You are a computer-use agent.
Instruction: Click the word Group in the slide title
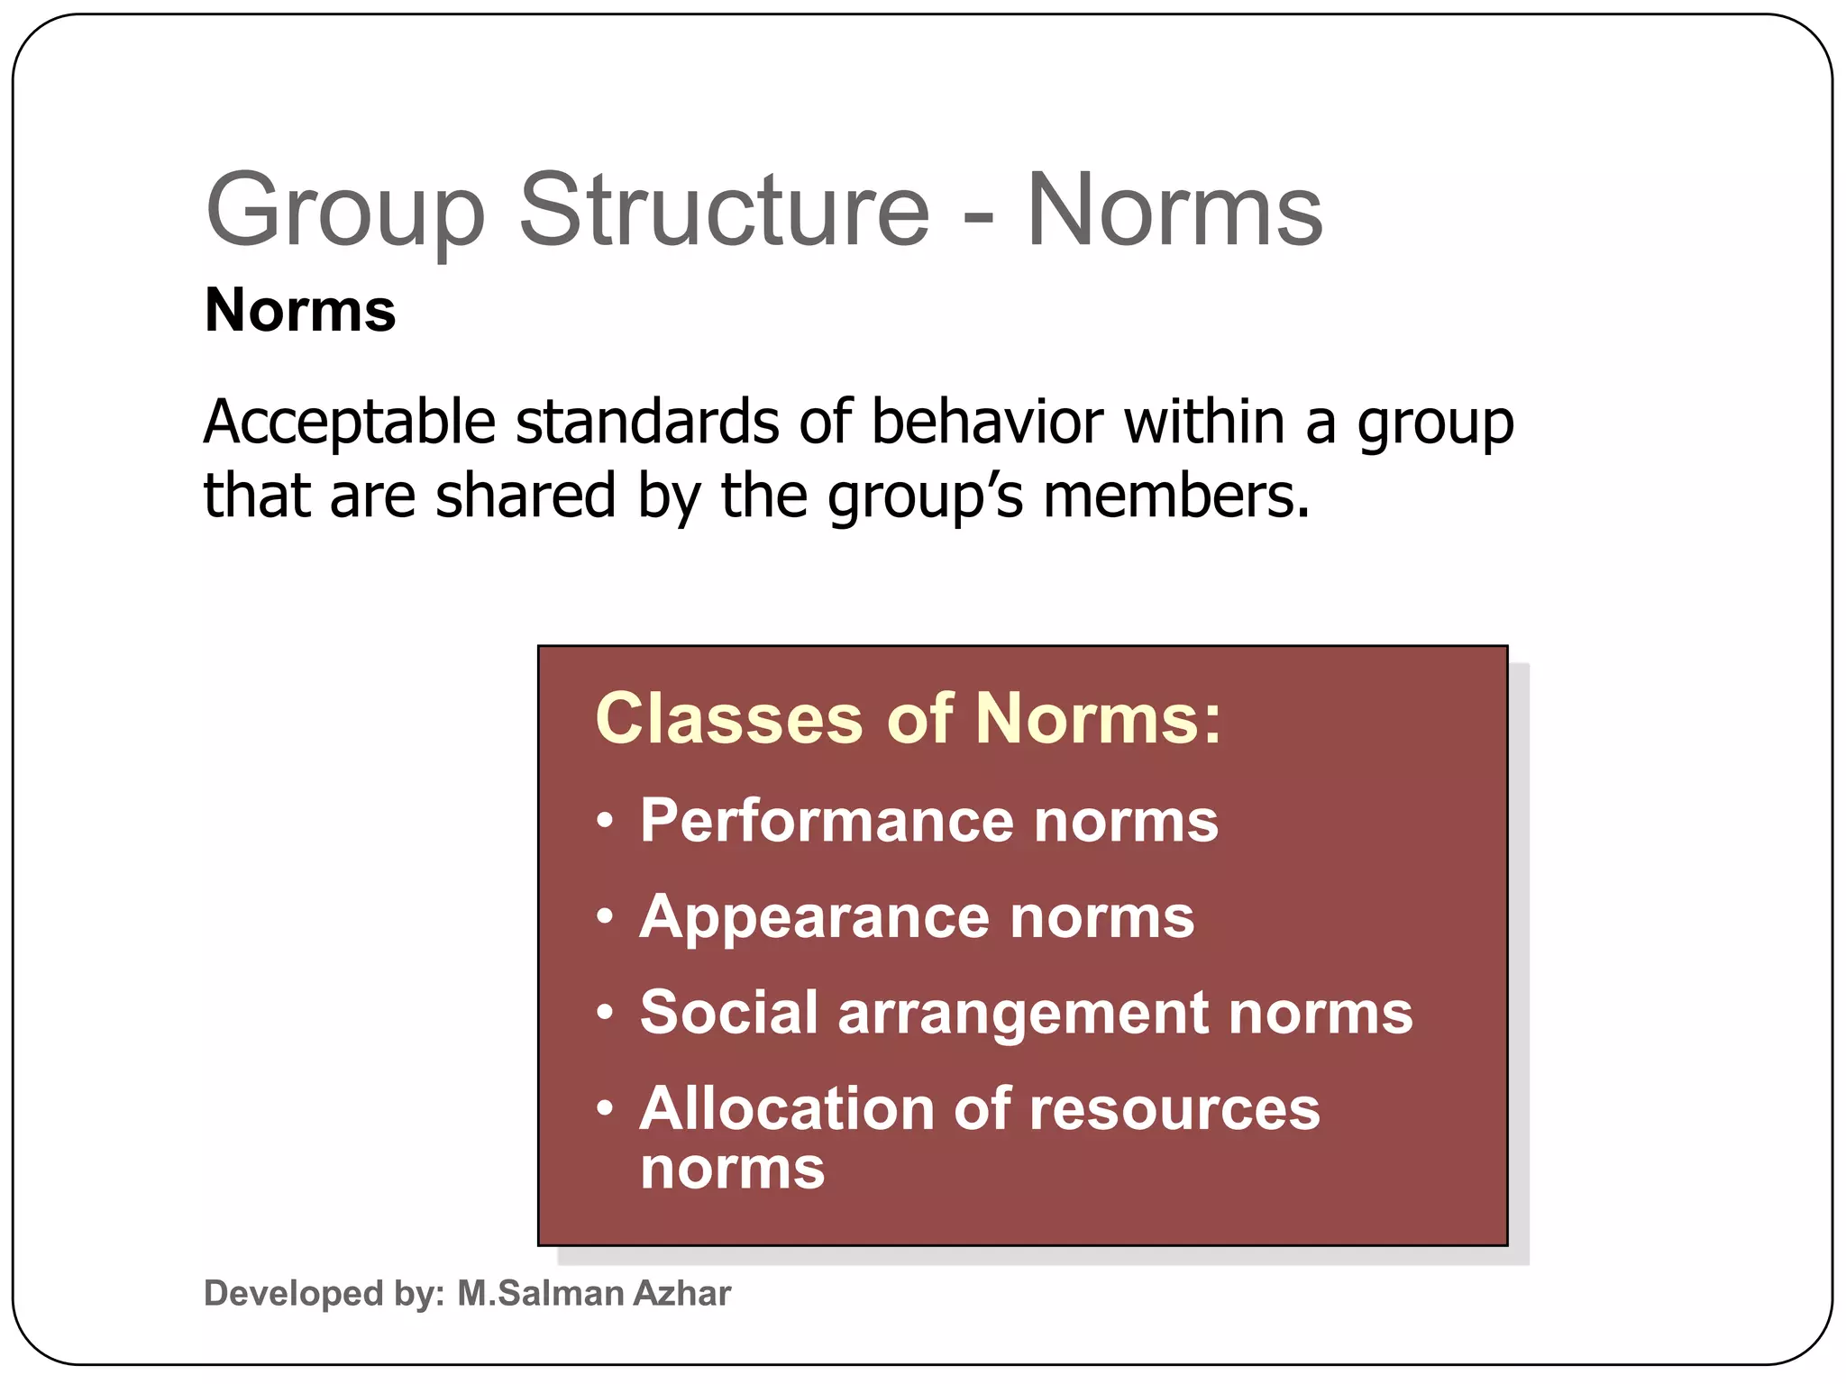pyautogui.click(x=345, y=214)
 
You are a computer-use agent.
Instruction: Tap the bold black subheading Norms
pyautogui.click(x=300, y=310)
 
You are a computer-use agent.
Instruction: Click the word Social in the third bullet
pyautogui.click(x=729, y=1012)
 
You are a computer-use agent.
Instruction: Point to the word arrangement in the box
pyautogui.click(x=1023, y=1014)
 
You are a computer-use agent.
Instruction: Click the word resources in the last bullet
pyautogui.click(x=1174, y=1108)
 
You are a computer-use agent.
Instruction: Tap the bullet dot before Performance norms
pyautogui.click(x=606, y=822)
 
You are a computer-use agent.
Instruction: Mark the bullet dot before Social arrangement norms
pyautogui.click(x=606, y=1013)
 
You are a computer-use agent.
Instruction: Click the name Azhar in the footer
pyautogui.click(x=682, y=1294)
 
